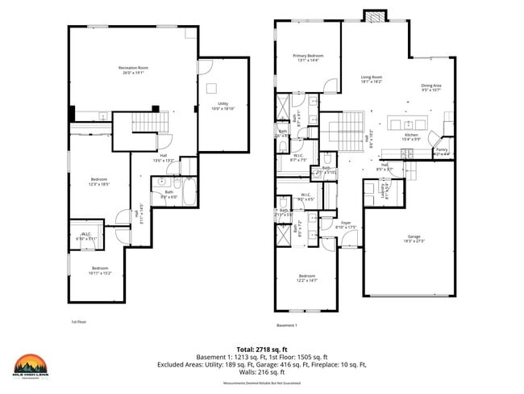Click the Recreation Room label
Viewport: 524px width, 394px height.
click(x=134, y=69)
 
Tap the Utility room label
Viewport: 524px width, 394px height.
click(x=222, y=105)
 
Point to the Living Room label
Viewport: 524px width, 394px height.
click(x=371, y=79)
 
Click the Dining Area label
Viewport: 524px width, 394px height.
click(x=431, y=87)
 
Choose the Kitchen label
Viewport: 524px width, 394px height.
click(x=411, y=136)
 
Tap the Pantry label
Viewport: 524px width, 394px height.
click(x=441, y=151)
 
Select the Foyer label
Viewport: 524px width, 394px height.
click(x=346, y=225)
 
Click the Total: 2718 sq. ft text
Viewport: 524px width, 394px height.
click(x=261, y=347)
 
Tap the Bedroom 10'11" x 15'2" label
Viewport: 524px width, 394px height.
click(x=99, y=270)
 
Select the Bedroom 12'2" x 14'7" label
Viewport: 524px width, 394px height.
click(x=306, y=279)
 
